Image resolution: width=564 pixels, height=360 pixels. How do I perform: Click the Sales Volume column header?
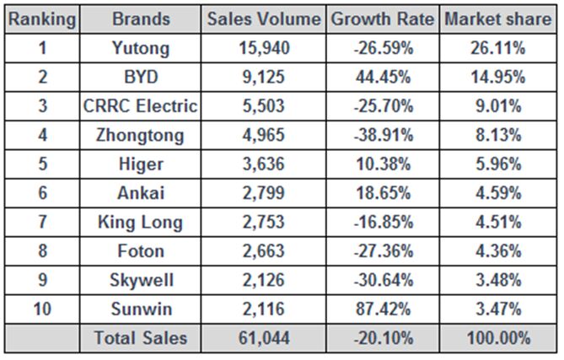tap(263, 19)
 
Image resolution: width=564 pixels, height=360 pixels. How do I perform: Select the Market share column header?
tap(498, 19)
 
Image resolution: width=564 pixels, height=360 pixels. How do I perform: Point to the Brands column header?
tap(141, 19)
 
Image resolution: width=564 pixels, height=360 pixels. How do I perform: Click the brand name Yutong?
tap(141, 48)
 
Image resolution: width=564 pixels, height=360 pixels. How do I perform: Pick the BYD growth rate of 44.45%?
tap(383, 78)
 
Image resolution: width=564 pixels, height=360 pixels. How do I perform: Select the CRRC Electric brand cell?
tap(141, 106)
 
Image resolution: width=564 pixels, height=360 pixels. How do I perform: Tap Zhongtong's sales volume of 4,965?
tap(263, 136)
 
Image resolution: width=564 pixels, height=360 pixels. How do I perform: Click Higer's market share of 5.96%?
tap(498, 164)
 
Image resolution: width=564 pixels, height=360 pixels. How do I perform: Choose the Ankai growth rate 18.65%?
tap(383, 194)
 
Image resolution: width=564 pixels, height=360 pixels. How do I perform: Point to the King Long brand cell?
tap(141, 223)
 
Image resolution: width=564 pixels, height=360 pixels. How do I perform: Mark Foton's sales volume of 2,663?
tap(263, 252)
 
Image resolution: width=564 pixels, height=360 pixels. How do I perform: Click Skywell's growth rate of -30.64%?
tap(383, 281)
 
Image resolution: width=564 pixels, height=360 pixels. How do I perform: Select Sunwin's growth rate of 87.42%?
tap(383, 310)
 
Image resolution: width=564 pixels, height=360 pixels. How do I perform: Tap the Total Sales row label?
tap(141, 340)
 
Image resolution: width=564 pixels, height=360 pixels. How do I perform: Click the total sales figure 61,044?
tap(263, 340)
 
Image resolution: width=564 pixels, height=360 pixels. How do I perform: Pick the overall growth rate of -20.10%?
tap(383, 340)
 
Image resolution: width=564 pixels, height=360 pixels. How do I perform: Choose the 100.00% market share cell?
tap(498, 340)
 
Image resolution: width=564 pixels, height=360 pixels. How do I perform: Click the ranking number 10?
tap(42, 310)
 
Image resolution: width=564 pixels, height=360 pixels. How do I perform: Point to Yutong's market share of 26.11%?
tap(498, 48)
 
